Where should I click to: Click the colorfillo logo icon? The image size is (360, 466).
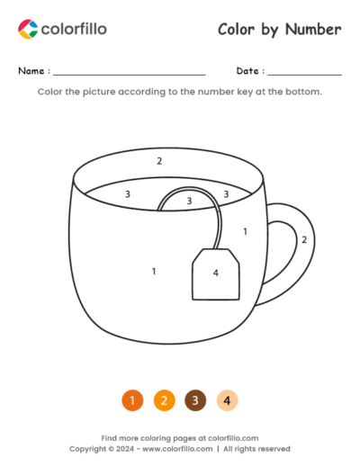coord(28,29)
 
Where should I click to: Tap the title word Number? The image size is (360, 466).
coord(314,30)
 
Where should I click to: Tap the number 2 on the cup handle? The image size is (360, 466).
coord(304,239)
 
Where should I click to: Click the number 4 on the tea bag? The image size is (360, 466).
coord(215,273)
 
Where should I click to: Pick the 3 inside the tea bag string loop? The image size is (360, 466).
coord(189,201)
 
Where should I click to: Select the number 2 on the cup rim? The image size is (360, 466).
coord(159,161)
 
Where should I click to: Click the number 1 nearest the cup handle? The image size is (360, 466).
coord(245,231)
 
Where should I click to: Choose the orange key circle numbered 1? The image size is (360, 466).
coord(131,400)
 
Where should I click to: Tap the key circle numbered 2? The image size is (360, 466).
coord(164,400)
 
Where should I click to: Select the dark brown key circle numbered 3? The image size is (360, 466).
coord(195,400)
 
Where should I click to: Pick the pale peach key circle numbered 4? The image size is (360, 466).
coord(228,400)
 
